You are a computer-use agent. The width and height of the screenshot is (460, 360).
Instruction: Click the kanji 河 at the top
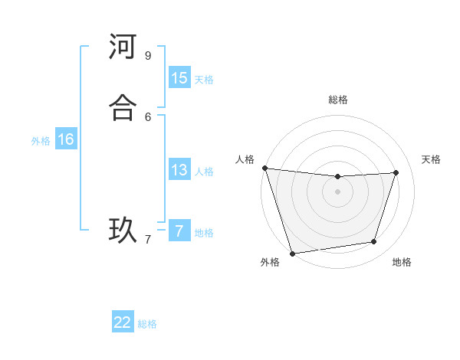[x=122, y=47]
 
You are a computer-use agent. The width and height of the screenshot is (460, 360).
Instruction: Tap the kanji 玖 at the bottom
[x=122, y=230]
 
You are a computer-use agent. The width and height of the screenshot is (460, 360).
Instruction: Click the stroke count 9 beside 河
[x=148, y=55]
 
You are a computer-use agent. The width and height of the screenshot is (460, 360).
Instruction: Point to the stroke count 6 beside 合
[x=148, y=116]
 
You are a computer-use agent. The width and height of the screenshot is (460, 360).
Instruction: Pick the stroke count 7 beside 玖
[x=148, y=239]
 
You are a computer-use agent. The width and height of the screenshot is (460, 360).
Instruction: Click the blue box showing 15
[x=179, y=78]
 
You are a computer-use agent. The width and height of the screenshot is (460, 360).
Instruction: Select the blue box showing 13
[x=179, y=170]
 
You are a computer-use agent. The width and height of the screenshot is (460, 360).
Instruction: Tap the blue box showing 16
[x=66, y=139]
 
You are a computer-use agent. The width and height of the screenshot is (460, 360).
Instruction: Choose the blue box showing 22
[x=123, y=322]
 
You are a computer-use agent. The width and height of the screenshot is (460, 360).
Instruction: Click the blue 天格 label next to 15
[x=204, y=79]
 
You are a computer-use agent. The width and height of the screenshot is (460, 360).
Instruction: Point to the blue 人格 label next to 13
[x=204, y=171]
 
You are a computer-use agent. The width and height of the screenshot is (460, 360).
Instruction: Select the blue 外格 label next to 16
[x=41, y=140]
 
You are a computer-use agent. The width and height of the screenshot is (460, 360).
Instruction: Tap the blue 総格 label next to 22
[x=147, y=323]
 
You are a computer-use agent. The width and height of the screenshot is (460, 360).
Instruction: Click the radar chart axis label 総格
[x=338, y=100]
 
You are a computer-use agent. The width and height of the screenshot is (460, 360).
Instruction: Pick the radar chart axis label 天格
[x=432, y=159]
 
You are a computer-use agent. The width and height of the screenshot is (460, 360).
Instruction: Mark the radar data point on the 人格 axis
[x=264, y=168]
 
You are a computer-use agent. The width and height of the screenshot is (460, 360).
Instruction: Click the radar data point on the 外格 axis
[x=292, y=253]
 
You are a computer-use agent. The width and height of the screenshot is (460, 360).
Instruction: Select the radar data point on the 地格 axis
[x=374, y=242]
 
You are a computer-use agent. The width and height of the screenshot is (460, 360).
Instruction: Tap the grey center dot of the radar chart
[x=338, y=191]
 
